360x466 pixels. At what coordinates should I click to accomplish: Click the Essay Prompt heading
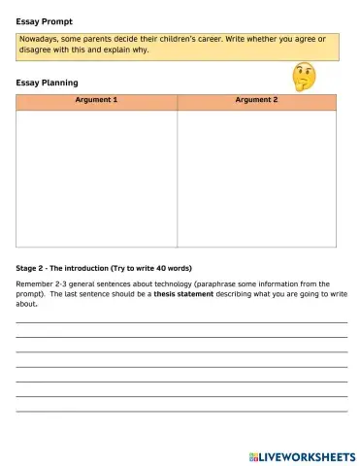[44, 19]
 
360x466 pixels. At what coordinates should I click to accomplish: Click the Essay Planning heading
[48, 83]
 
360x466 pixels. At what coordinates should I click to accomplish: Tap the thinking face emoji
[305, 76]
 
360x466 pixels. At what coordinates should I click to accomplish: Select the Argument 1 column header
[96, 101]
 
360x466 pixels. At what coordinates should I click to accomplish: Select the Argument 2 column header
[256, 101]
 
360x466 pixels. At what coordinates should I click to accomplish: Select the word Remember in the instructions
[36, 283]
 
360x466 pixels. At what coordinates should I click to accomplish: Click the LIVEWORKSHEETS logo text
[307, 455]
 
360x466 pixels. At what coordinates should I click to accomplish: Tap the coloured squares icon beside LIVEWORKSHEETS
[253, 455]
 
